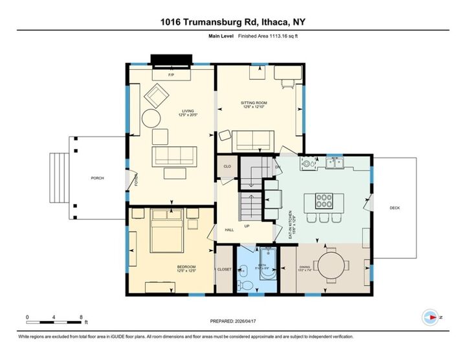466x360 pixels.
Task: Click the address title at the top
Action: pyautogui.click(x=233, y=21)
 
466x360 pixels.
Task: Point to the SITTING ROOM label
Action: pyautogui.click(x=254, y=104)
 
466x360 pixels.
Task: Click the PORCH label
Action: pyautogui.click(x=97, y=178)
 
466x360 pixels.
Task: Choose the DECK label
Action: pyautogui.click(x=395, y=208)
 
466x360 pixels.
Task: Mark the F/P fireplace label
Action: pyautogui.click(x=171, y=76)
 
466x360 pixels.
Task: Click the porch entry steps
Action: pyautogui.click(x=60, y=178)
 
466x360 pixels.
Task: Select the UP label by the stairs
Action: pyautogui.click(x=247, y=227)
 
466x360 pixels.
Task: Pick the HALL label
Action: pyautogui.click(x=228, y=230)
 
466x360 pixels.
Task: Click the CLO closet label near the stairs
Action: pyautogui.click(x=227, y=166)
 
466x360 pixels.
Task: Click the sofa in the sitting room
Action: pyautogui.click(x=252, y=141)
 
